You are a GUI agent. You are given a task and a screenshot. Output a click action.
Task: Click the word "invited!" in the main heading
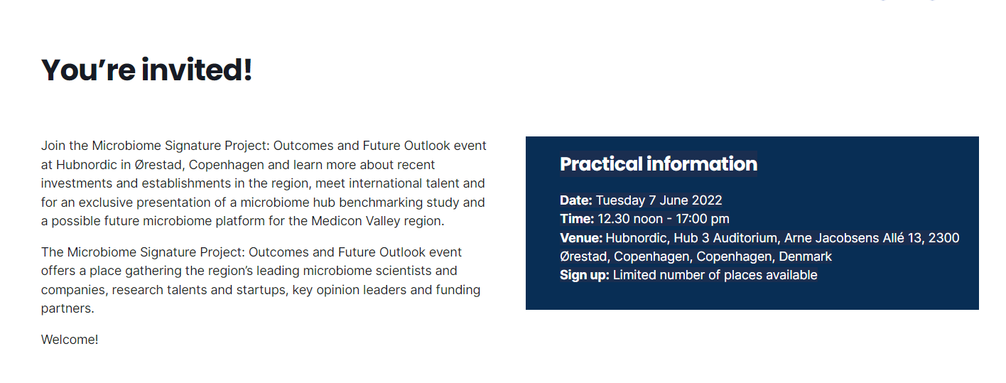click(x=197, y=70)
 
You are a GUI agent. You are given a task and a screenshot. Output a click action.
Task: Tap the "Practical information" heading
click(x=659, y=164)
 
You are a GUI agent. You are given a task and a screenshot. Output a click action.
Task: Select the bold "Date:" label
click(x=576, y=200)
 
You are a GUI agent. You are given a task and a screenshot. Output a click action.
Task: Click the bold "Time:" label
click(x=577, y=219)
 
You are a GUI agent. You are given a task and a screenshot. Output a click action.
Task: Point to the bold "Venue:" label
click(x=581, y=238)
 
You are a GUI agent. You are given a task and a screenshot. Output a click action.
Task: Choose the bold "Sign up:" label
click(x=585, y=275)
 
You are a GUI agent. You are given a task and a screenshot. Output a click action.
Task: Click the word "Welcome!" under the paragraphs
click(x=70, y=340)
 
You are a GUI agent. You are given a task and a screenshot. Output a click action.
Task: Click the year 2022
click(x=706, y=200)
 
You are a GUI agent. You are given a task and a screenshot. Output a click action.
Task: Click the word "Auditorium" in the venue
click(x=747, y=238)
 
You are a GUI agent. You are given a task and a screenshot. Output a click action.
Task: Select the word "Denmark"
click(x=805, y=257)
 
